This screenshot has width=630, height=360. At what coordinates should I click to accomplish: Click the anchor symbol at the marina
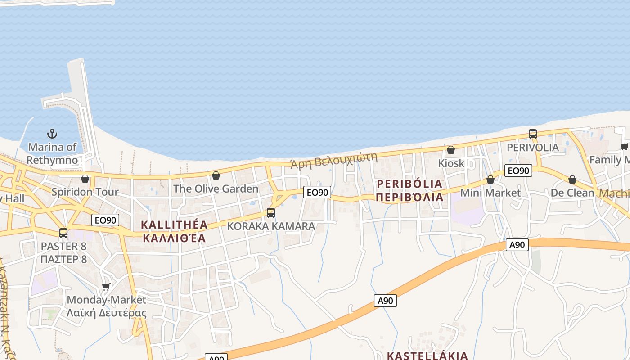(52, 134)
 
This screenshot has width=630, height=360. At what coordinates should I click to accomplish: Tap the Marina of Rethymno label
(52, 153)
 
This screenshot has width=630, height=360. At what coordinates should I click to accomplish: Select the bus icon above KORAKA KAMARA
(271, 213)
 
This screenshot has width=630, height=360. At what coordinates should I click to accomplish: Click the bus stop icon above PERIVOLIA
(533, 134)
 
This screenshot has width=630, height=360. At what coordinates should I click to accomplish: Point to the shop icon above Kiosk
(451, 150)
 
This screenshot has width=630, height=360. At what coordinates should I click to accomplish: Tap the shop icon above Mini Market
(490, 180)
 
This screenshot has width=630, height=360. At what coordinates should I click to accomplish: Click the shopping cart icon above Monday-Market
(106, 287)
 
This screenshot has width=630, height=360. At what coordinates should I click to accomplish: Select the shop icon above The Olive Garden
(216, 175)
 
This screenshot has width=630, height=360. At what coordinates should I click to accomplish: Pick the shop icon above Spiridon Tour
(85, 179)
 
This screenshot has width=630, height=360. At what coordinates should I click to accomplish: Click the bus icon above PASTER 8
(63, 233)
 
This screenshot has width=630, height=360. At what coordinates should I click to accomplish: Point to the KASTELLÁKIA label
(427, 355)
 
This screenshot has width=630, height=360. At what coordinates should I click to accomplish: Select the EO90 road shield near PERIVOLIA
(518, 171)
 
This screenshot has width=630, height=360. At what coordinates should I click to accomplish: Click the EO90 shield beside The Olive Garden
(317, 193)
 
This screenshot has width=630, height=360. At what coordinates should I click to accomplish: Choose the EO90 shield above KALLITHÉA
(106, 220)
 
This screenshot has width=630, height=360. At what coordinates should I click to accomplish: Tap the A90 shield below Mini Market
(517, 245)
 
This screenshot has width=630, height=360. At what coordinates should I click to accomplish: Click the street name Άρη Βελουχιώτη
(333, 160)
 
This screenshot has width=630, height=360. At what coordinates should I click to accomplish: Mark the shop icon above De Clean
(572, 180)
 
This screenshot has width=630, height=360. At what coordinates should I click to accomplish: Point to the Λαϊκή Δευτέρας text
(107, 313)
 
